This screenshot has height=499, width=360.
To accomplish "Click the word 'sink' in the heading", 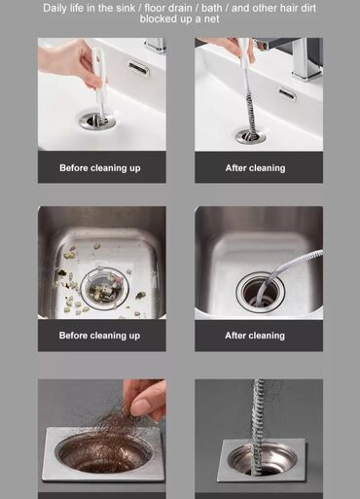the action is click(x=125, y=8).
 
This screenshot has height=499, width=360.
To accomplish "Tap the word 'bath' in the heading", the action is click(x=211, y=8).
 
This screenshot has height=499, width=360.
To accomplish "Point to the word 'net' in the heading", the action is click(x=211, y=18).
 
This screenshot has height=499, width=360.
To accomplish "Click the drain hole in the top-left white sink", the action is click(x=97, y=121).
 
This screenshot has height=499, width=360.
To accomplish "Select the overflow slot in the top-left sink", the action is click(x=138, y=67).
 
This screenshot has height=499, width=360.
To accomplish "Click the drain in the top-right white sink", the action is click(x=250, y=136).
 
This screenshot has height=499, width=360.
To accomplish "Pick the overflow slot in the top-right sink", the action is click(x=287, y=93).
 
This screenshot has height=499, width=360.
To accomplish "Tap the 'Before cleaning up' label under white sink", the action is click(x=100, y=168).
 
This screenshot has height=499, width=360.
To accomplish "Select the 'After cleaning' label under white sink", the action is click(x=256, y=168).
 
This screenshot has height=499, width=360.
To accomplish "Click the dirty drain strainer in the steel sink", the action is click(x=104, y=286).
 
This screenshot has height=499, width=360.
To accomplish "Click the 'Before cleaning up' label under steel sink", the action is click(x=99, y=336).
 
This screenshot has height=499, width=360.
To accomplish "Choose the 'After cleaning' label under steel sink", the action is click(x=255, y=336).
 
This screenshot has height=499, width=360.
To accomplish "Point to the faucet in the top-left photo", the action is click(x=155, y=45).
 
